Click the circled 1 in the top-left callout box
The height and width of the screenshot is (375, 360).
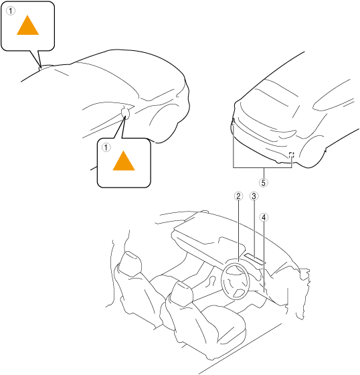click(x=11, y=11)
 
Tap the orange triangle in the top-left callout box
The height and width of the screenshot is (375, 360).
click(x=27, y=25)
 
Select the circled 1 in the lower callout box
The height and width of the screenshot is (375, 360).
click(x=106, y=147)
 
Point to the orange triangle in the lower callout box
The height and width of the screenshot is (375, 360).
click(x=124, y=161)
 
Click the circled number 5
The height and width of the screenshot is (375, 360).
click(x=264, y=182)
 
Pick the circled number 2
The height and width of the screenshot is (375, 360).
click(x=238, y=196)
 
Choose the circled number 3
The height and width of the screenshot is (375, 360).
click(x=254, y=196)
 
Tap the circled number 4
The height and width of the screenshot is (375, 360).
click(x=264, y=217)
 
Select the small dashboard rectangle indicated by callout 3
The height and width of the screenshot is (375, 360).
click(x=254, y=259)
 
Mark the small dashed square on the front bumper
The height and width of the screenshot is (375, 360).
click(x=291, y=155)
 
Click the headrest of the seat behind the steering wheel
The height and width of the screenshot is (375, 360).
click(x=182, y=293)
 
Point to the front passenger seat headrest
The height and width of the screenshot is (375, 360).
click(x=130, y=263)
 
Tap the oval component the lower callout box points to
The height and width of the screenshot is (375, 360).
click(x=126, y=112)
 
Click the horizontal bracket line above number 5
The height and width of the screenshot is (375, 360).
click(x=262, y=167)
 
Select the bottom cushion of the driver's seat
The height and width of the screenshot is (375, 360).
click(x=222, y=323)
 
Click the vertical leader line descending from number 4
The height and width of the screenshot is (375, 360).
click(x=264, y=257)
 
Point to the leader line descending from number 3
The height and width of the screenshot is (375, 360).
click(x=254, y=230)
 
